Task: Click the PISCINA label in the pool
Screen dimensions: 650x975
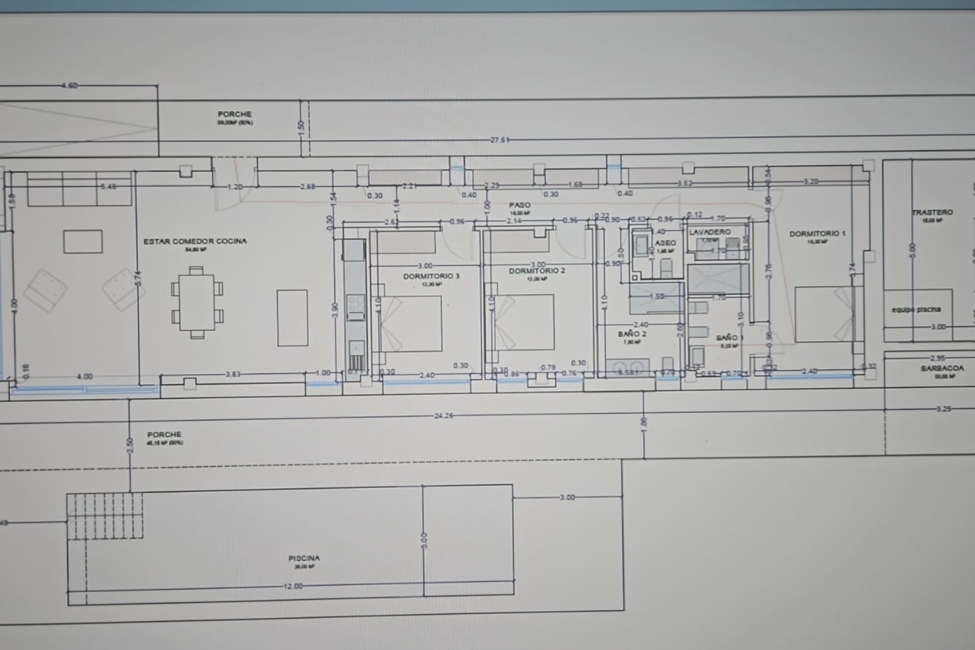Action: (304, 558)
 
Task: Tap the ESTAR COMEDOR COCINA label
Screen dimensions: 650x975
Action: (195, 241)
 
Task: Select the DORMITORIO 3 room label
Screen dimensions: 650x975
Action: (431, 276)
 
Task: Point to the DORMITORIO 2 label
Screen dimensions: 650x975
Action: (537, 271)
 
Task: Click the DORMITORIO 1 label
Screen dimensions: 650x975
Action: (817, 234)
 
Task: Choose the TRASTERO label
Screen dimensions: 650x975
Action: (932, 212)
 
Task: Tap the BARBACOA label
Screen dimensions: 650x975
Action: (942, 368)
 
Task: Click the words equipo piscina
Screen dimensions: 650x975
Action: (916, 309)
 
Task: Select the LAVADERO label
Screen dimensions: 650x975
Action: (709, 232)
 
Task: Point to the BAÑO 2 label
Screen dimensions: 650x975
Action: (632, 334)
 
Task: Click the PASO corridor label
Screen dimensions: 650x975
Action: (519, 205)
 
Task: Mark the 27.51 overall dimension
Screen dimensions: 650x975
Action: (500, 140)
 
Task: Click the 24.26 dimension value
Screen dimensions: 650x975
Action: (443, 415)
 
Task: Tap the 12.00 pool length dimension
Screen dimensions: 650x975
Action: (293, 586)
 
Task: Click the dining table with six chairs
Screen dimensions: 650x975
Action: (197, 303)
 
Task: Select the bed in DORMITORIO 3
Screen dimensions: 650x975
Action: (411, 323)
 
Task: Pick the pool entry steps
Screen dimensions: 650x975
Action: (105, 516)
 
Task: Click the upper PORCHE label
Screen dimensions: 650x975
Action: (235, 114)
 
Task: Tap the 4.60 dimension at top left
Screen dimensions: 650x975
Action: (70, 85)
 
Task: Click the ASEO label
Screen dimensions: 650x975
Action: (665, 243)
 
